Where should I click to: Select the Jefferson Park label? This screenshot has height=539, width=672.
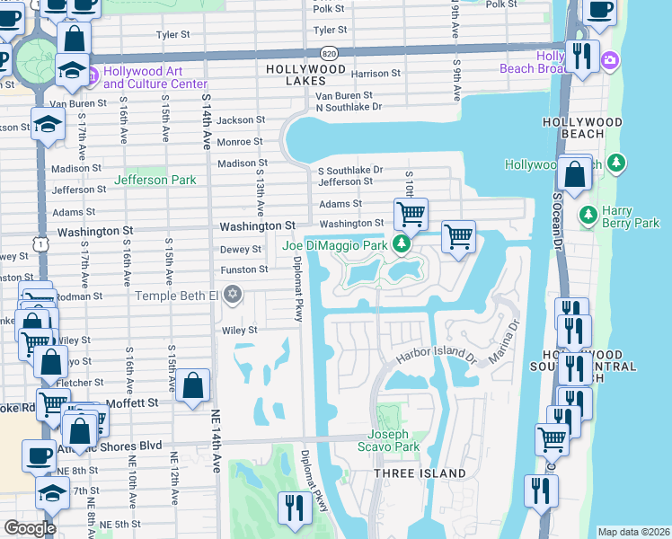(155, 180)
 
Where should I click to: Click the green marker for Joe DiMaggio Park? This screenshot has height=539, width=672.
(403, 243)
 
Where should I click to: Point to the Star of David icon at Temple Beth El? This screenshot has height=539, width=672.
(233, 294)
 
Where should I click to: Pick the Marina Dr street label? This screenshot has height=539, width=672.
(505, 343)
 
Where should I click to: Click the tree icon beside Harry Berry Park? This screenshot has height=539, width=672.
(588, 215)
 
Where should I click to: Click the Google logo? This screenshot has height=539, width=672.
(30, 527)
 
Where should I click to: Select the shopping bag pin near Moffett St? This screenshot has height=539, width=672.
(193, 386)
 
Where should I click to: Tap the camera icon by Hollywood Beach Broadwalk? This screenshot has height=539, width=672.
(610, 59)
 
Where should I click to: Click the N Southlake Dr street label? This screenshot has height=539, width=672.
(349, 106)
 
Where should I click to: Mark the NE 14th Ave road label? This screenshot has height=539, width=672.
(216, 449)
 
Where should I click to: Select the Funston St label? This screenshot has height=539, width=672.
(245, 269)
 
